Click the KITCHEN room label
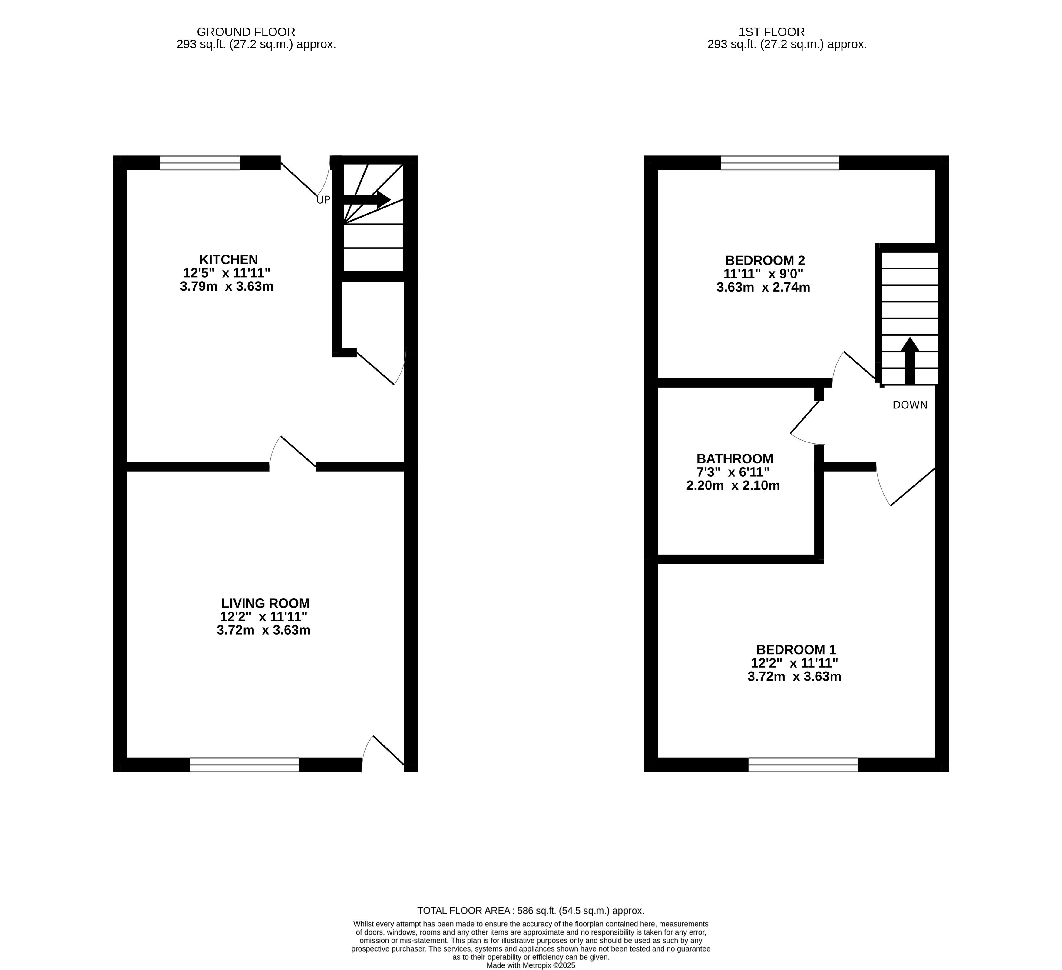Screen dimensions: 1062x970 [x=229, y=260]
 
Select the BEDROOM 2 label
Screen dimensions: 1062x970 [x=765, y=260]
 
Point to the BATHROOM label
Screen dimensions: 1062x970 [x=735, y=459]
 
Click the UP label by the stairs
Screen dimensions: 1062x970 [x=323, y=200]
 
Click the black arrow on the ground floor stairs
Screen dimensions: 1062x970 [x=367, y=199]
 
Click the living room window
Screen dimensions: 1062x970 [x=244, y=765]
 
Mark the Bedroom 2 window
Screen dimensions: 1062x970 [x=780, y=162]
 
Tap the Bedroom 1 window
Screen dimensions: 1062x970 [x=803, y=765]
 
